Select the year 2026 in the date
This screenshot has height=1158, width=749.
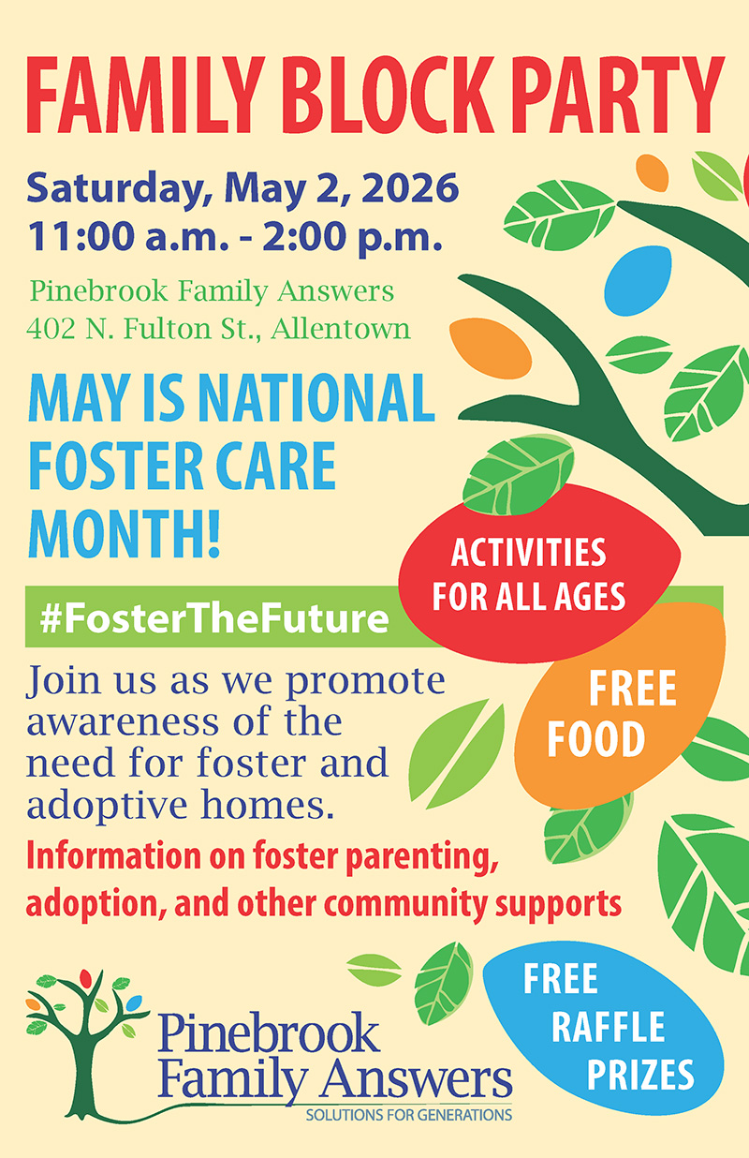(411, 188)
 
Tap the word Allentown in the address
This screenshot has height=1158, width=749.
(341, 329)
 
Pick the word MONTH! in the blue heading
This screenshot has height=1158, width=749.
(124, 533)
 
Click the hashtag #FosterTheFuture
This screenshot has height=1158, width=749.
(214, 618)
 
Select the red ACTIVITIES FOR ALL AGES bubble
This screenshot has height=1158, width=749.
(538, 573)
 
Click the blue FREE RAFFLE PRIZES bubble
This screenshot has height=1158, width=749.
(605, 1029)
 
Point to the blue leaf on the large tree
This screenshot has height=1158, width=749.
(638, 280)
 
